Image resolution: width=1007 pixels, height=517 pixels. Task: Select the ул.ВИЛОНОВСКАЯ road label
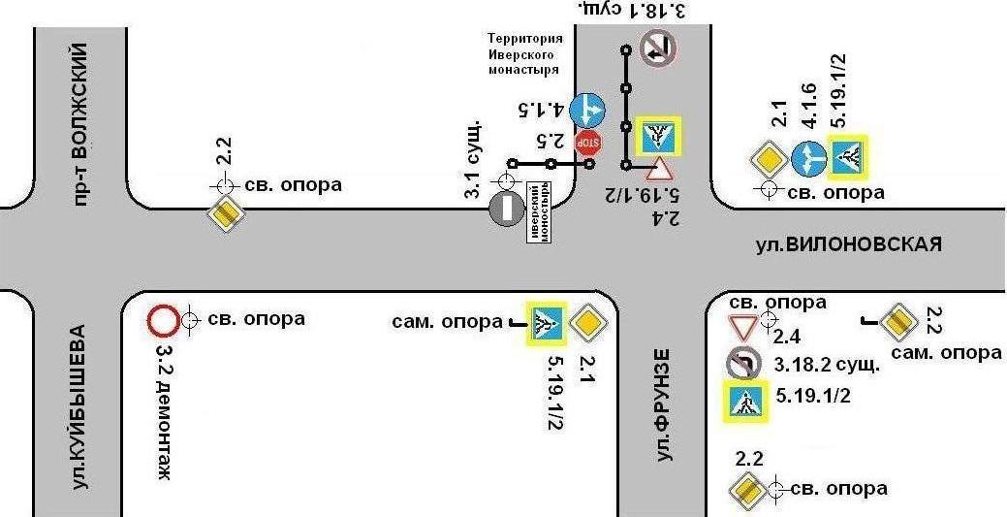coord(848,244)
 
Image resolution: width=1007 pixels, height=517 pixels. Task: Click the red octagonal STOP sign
coord(588,143)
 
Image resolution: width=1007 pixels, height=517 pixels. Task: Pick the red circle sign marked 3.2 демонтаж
coord(162,319)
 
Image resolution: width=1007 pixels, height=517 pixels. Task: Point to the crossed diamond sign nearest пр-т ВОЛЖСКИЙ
coord(225,212)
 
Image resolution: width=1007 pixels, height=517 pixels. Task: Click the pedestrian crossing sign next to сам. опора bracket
coord(547,322)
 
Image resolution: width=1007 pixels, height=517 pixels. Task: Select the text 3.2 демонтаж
coord(162,407)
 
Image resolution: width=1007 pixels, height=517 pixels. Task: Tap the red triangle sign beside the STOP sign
coord(659,170)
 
